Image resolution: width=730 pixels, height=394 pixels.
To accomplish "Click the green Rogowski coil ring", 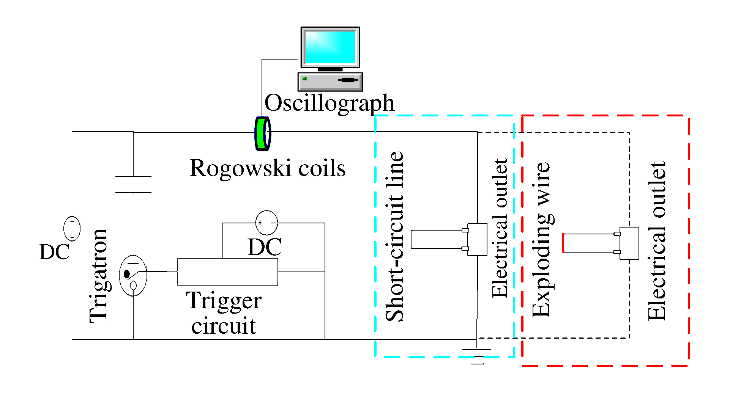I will tap(262, 133).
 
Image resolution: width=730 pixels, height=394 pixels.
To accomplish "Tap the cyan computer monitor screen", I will tap(330, 47).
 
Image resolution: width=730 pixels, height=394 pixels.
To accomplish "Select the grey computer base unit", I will tap(330, 82).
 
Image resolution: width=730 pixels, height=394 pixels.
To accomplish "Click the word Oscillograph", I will tap(329, 103).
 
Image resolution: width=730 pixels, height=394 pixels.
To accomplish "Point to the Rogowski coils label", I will tap(267, 168).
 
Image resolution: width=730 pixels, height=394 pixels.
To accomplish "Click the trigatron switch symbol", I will tap(133, 275).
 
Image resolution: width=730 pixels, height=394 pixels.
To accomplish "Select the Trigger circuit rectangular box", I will tap(227, 272).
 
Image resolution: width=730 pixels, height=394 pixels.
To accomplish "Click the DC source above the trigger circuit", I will tap(266, 223).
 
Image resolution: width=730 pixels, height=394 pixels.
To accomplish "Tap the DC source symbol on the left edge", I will tap(72, 228).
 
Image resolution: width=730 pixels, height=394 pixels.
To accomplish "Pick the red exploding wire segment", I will tap(563, 243).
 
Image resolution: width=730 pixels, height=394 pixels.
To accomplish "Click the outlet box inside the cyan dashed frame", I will tap(477, 239).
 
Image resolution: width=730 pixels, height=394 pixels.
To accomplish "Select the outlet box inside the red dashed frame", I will tap(629, 243).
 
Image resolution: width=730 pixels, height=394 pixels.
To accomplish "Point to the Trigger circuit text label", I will tap(224, 313).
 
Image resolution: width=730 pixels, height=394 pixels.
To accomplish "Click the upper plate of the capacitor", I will tap(133, 176).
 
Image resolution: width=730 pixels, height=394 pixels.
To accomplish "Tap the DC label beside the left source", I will tap(54, 252).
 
